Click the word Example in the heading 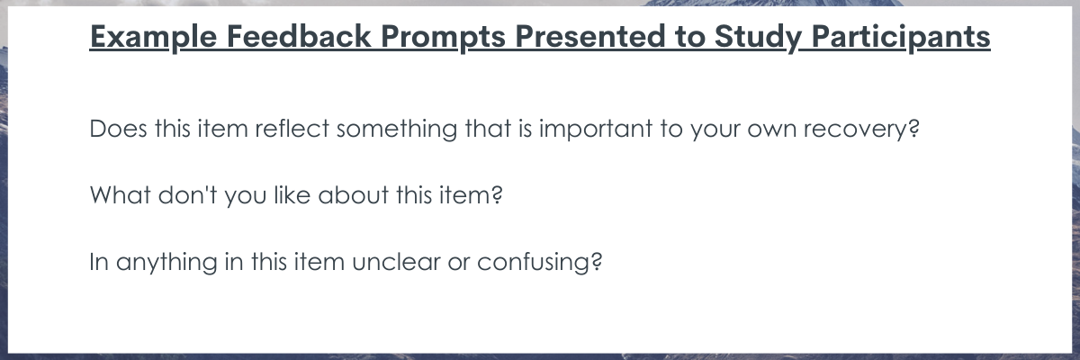153,37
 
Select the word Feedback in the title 299,36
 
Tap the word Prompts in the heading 443,37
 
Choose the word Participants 901,37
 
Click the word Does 118,129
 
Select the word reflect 292,129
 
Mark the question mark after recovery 914,129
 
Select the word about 354,195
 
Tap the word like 292,195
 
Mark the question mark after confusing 597,262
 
